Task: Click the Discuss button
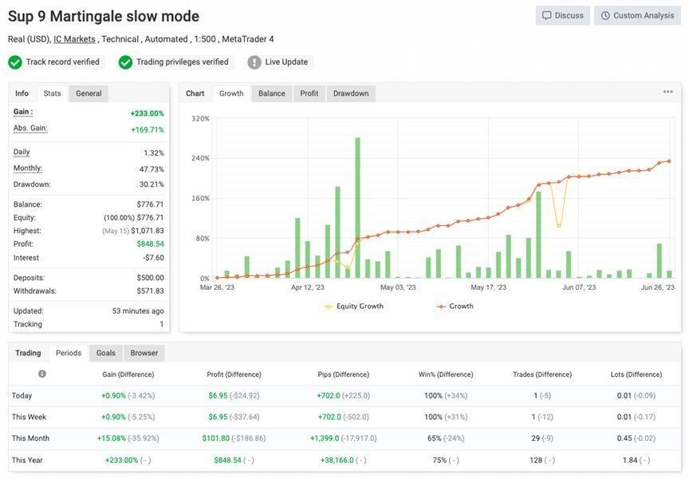pyautogui.click(x=563, y=15)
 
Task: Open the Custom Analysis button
pyautogui.click(x=637, y=15)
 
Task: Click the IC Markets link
pyautogui.click(x=74, y=39)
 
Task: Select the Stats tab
pyautogui.click(x=52, y=93)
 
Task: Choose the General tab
pyautogui.click(x=89, y=93)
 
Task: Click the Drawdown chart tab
pyautogui.click(x=351, y=93)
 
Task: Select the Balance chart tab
pyautogui.click(x=271, y=93)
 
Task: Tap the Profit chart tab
pyautogui.click(x=309, y=93)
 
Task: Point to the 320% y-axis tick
pyautogui.click(x=200, y=119)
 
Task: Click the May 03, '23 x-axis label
pyautogui.click(x=399, y=287)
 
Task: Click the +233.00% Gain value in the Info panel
pyautogui.click(x=147, y=113)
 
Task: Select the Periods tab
pyautogui.click(x=69, y=353)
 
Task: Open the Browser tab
pyautogui.click(x=144, y=353)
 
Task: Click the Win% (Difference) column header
pyautogui.click(x=446, y=374)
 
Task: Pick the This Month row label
pyautogui.click(x=30, y=438)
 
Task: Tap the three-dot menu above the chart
pyautogui.click(x=667, y=92)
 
